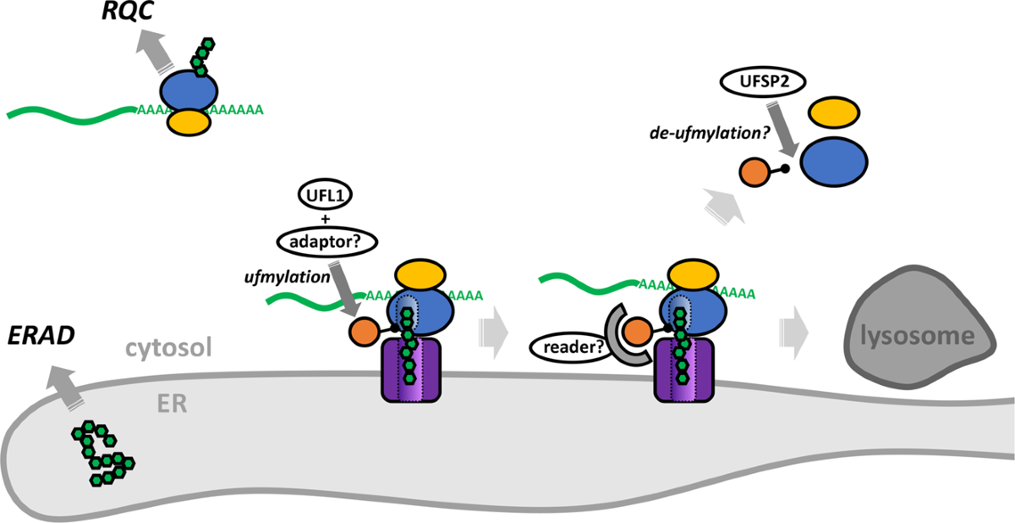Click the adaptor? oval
[x=326, y=244]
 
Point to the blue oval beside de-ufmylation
[x=834, y=162]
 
